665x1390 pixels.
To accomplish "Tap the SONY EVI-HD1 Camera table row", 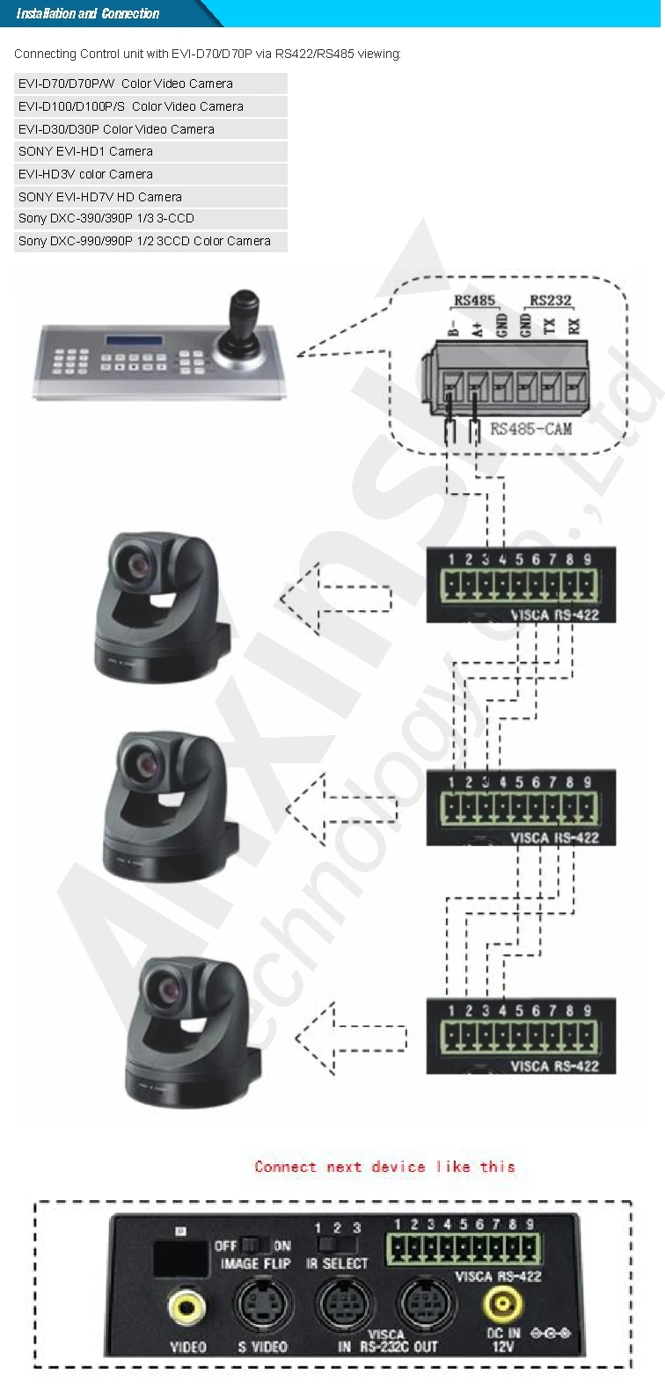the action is (x=150, y=151).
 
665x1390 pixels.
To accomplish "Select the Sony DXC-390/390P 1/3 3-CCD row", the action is (x=150, y=218).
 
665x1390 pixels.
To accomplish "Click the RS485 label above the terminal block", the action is (x=474, y=301).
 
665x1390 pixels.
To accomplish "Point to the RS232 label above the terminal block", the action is (x=551, y=301).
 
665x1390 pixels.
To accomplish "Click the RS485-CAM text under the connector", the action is (x=530, y=429).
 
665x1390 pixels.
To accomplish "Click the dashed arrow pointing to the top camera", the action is (x=334, y=600).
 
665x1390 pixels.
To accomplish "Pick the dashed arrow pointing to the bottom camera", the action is (x=350, y=1038).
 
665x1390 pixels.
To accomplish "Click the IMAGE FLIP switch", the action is (x=254, y=1245).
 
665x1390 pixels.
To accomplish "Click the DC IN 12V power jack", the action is (x=501, y=1305).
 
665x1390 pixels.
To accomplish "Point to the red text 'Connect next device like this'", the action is (x=384, y=1167).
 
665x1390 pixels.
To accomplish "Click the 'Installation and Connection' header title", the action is (x=88, y=13).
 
